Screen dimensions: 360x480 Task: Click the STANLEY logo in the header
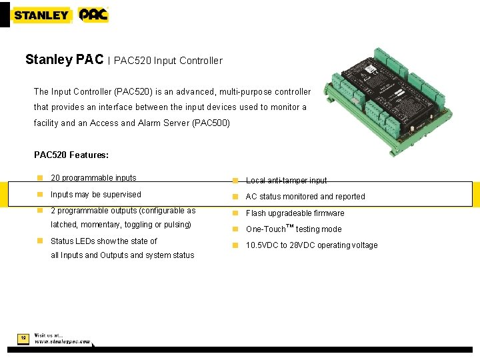pyautogui.click(x=41, y=15)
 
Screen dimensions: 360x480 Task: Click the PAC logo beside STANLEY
pyautogui.click(x=93, y=15)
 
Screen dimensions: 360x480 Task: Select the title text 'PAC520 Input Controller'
pyautogui.click(x=168, y=61)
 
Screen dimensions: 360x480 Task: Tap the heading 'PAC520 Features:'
pyautogui.click(x=71, y=155)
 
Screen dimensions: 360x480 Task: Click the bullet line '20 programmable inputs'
pyautogui.click(x=93, y=178)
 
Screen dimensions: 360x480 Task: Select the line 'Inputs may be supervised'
pyautogui.click(x=96, y=195)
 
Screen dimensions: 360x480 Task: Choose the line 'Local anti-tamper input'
pyautogui.click(x=286, y=181)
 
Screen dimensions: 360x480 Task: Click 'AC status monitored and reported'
pyautogui.click(x=305, y=197)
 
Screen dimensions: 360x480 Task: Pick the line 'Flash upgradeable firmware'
pyautogui.click(x=295, y=213)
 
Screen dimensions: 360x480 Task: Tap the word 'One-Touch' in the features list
pyautogui.click(x=265, y=229)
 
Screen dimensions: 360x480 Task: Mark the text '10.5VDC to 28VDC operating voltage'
pyautogui.click(x=311, y=245)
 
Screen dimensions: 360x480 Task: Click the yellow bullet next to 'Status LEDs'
pyautogui.click(x=40, y=241)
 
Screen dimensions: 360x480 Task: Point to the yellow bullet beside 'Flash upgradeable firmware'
pyautogui.click(x=235, y=213)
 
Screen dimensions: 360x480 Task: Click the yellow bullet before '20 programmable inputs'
pyautogui.click(x=40, y=178)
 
